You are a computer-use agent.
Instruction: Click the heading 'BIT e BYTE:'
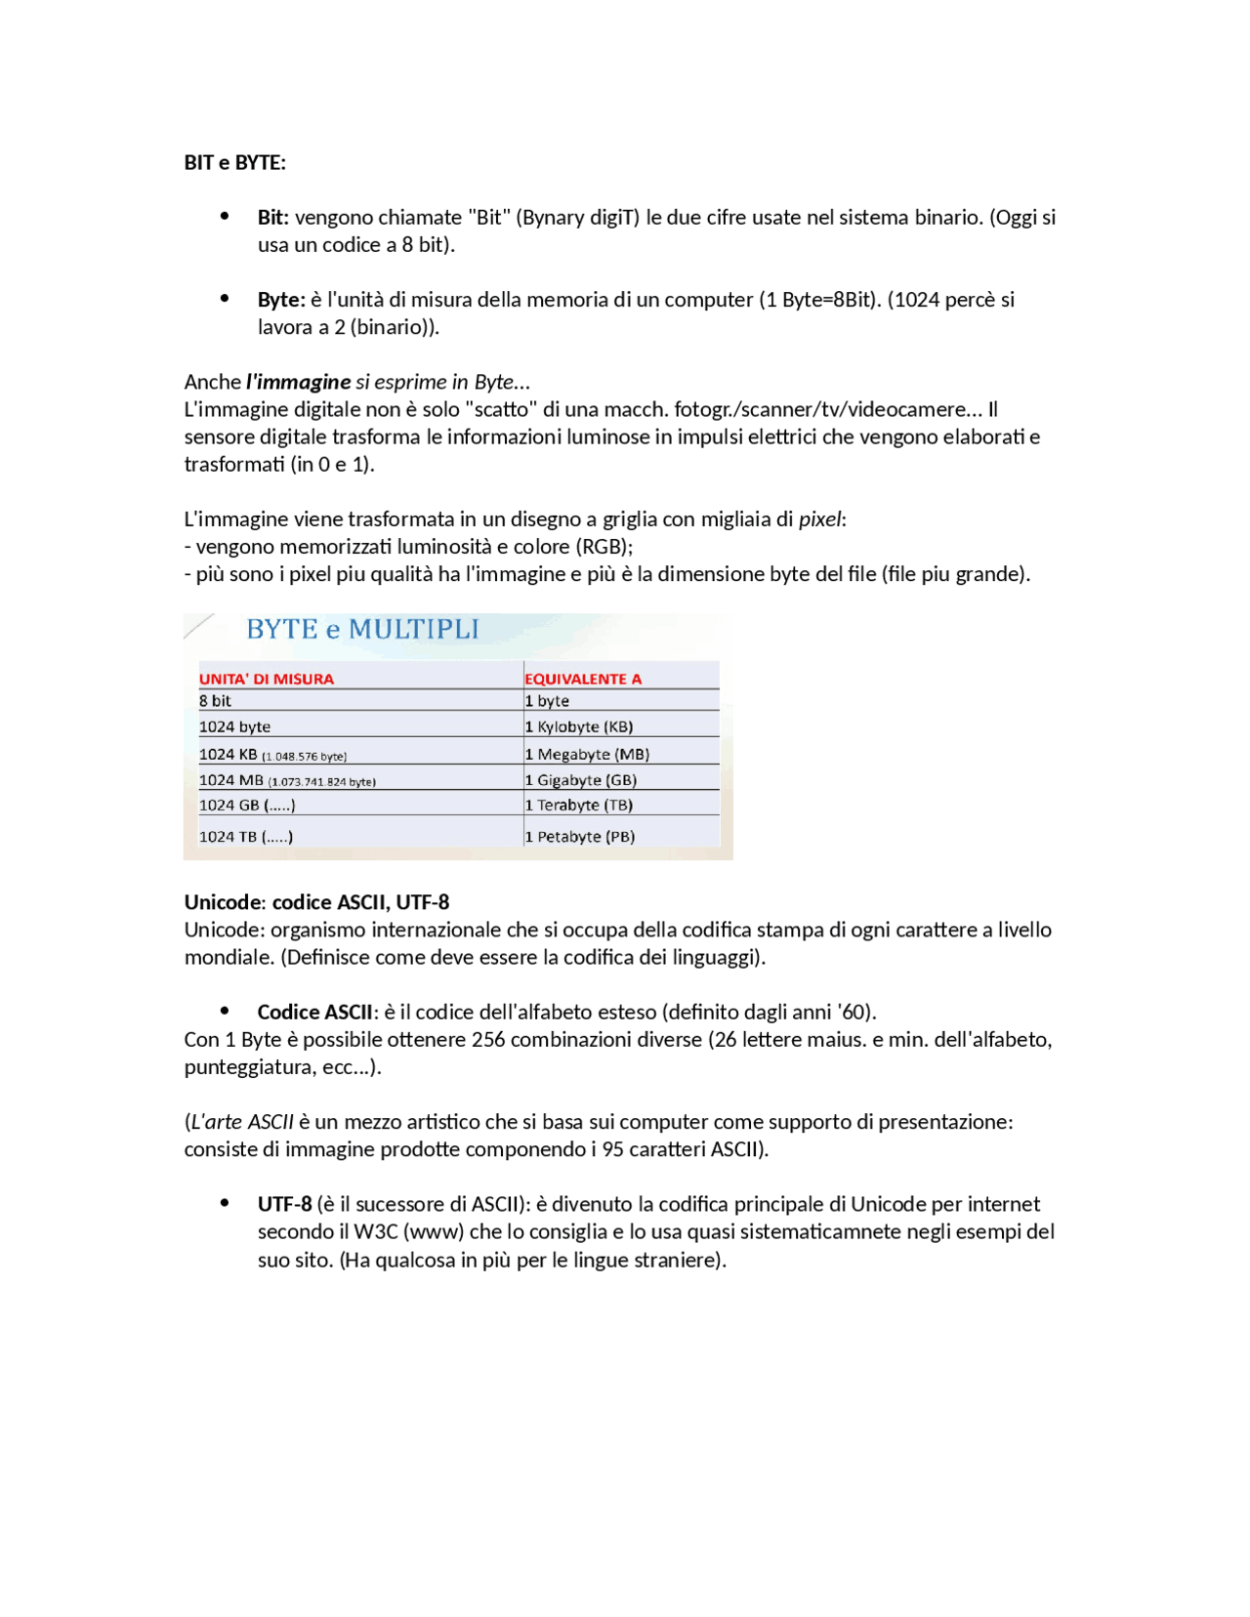[234, 162]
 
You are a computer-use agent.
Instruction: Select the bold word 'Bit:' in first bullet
[272, 217]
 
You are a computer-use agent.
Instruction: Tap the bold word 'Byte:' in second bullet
[281, 299]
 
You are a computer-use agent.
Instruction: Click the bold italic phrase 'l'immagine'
[298, 381]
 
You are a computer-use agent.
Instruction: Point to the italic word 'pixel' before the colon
[819, 518]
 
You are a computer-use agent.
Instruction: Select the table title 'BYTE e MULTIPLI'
[362, 629]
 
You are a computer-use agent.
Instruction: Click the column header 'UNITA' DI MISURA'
[266, 679]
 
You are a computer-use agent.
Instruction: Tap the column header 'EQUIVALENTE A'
[583, 679]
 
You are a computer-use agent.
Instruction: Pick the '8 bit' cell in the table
[215, 700]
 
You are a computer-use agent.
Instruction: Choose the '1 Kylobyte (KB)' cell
[579, 726]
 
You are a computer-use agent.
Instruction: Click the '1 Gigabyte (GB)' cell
[581, 779]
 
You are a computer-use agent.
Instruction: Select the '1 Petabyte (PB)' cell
[580, 836]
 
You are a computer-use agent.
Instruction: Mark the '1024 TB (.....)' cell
[245, 836]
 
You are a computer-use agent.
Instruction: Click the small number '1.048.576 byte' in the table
[305, 756]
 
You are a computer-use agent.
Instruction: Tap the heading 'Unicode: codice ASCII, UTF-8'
[316, 901]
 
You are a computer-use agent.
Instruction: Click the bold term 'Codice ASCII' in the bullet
[314, 1012]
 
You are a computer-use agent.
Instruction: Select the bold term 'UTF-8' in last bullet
[284, 1203]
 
